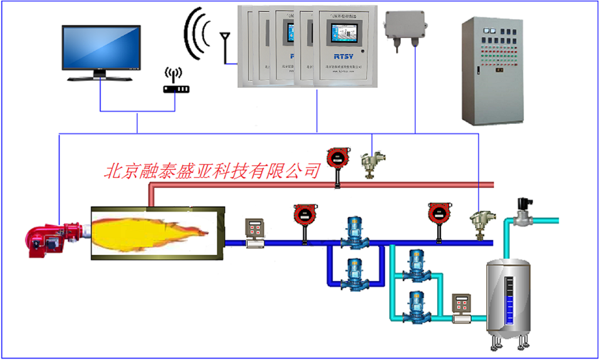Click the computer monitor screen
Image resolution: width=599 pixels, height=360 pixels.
[x=101, y=47]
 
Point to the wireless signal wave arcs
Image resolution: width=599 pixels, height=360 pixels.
[x=197, y=34]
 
